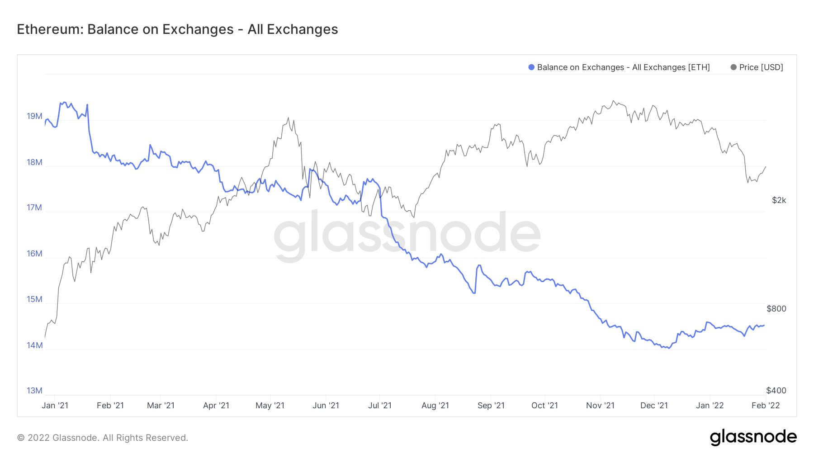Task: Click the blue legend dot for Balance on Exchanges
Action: (531, 67)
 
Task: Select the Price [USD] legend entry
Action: (757, 67)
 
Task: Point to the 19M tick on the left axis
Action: (34, 116)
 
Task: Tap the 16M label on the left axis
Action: (34, 254)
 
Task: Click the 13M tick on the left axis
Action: (34, 391)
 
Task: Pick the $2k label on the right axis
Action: (779, 200)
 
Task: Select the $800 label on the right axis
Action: (776, 309)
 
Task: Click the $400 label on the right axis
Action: (776, 391)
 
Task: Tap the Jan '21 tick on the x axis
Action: (55, 406)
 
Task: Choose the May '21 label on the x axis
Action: (270, 406)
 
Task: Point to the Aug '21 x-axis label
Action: (435, 406)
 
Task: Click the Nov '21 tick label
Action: (600, 406)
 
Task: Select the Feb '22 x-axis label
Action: (766, 406)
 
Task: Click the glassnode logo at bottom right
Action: (753, 437)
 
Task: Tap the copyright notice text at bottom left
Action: (103, 438)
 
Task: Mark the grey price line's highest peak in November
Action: (613, 101)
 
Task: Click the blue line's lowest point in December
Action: (669, 348)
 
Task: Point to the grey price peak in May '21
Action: (288, 118)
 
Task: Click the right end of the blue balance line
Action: (764, 326)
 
